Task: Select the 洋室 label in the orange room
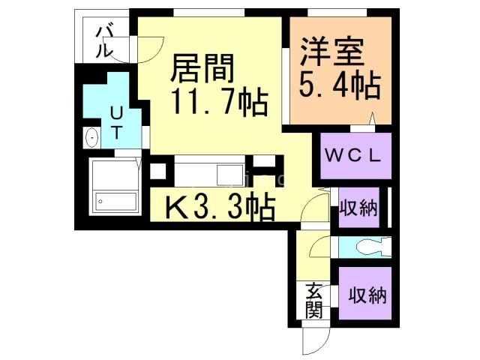[332, 52]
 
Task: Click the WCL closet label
[355, 156]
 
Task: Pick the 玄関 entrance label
[313, 298]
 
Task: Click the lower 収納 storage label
[367, 295]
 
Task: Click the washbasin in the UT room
[92, 138]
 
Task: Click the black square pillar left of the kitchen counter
[157, 170]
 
